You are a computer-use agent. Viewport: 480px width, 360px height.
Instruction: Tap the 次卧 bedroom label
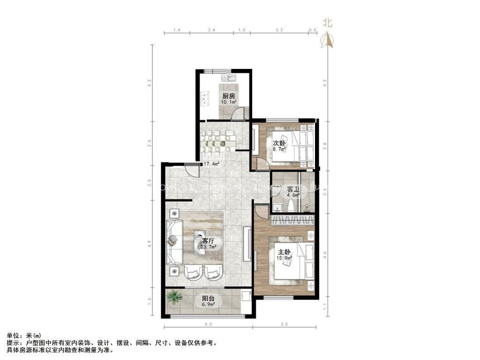279,143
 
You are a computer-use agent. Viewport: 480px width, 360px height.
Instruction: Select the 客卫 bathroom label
293,189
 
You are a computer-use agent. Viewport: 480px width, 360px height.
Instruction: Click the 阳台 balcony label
209,298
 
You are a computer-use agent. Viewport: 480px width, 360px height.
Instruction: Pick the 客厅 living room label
202,240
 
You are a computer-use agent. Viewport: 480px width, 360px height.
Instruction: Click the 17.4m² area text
212,165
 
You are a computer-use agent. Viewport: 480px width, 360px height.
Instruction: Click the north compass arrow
327,41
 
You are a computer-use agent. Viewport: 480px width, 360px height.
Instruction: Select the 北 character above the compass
327,23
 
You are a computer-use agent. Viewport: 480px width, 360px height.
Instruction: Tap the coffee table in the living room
200,242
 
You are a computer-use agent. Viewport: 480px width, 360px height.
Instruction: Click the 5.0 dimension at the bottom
208,324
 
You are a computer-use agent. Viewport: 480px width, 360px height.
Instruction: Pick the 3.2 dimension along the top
279,30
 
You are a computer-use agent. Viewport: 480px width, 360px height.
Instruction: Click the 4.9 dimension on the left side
149,243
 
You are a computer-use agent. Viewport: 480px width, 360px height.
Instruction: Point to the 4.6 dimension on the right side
325,255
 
